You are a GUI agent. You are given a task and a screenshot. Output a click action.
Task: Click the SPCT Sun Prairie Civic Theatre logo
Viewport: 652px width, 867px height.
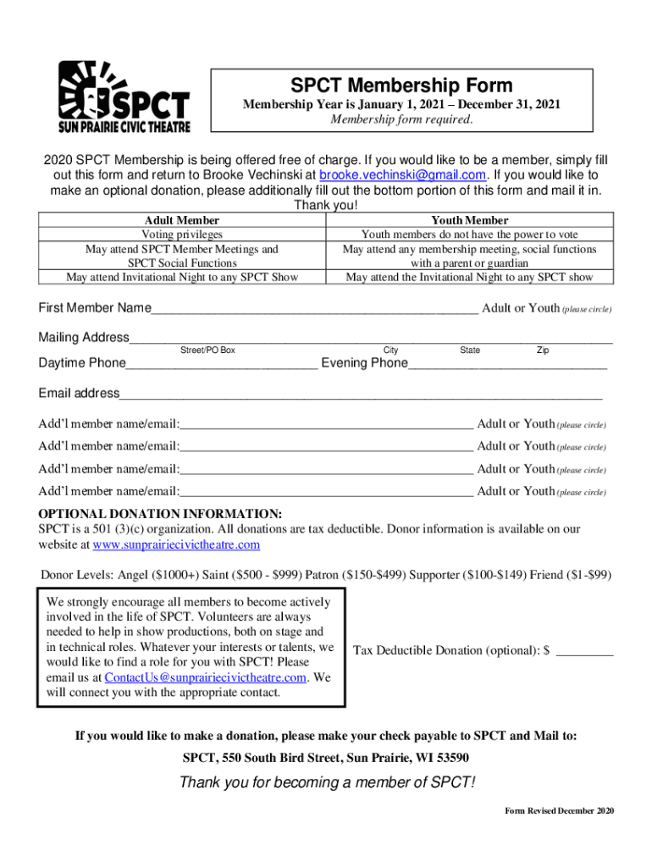(124, 97)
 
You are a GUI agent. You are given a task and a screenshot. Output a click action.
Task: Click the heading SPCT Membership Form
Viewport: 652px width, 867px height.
(401, 85)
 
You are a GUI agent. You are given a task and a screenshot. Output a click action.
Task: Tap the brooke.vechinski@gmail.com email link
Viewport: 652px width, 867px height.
(401, 175)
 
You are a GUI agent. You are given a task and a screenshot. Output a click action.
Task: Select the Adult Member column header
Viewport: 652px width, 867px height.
(182, 220)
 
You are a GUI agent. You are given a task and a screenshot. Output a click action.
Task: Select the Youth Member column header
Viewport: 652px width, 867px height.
(469, 220)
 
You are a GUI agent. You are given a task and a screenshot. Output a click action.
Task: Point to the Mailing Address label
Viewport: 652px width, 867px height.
(83, 338)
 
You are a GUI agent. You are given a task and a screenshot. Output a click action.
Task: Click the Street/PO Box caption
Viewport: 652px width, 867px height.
(207, 351)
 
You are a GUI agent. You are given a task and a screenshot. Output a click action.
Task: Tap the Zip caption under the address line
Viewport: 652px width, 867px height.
(542, 351)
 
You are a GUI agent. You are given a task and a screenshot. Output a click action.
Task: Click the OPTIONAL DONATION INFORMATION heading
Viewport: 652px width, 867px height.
(160, 514)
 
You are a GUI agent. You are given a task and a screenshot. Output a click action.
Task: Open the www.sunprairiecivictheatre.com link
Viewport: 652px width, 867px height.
(176, 544)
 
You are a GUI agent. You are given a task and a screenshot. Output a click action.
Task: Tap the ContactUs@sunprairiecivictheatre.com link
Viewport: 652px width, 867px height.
(205, 677)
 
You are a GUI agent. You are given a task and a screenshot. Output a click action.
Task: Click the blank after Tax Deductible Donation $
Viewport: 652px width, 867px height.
(584, 650)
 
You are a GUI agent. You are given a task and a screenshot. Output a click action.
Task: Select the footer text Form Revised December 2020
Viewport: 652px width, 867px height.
(559, 811)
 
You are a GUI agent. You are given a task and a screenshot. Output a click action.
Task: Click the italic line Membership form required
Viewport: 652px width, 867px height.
(401, 119)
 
